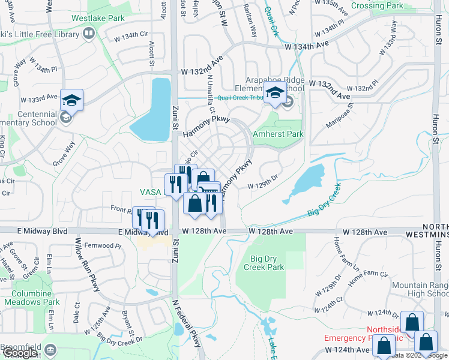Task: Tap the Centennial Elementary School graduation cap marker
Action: (71, 100)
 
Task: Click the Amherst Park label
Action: (279, 134)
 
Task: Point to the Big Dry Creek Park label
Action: (267, 263)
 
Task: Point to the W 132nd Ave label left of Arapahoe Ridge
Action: (202, 65)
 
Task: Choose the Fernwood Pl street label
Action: (104, 245)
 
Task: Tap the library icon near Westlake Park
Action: (89, 33)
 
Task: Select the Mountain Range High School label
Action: (420, 290)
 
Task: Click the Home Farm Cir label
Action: (368, 274)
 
